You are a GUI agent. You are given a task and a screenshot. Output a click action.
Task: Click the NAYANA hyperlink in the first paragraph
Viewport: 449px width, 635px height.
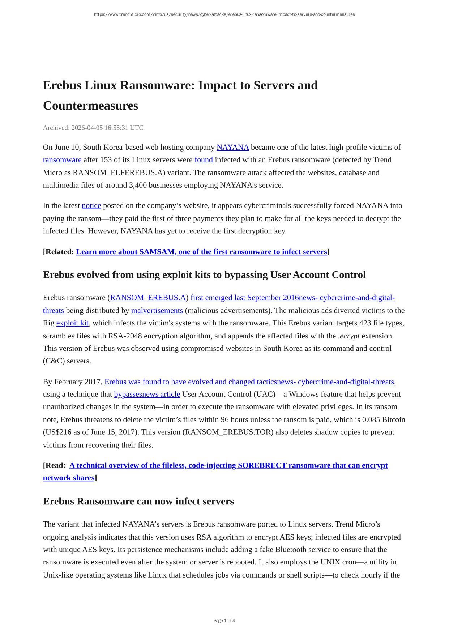232,147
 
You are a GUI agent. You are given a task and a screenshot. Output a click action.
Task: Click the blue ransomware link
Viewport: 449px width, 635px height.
62,160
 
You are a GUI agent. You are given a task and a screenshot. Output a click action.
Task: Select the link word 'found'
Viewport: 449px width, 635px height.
204,160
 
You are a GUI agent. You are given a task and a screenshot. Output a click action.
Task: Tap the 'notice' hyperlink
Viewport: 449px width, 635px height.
91,205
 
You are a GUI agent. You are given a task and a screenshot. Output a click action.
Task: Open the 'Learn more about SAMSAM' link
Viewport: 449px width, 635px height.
201,252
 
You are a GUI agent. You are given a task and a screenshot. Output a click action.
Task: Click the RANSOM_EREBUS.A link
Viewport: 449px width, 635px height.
148,298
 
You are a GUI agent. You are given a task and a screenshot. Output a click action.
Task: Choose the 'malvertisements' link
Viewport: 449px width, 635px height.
157,311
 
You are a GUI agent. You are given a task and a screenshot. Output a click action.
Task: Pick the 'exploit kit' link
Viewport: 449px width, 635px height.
72,323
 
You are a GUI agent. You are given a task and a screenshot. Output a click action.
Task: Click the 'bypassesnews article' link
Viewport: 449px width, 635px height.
147,394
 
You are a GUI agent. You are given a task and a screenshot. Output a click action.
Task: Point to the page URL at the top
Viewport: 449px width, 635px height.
224,14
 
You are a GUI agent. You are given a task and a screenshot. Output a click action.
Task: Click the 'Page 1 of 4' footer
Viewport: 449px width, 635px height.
224,621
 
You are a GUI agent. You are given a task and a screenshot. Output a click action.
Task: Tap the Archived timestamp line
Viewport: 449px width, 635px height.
93,128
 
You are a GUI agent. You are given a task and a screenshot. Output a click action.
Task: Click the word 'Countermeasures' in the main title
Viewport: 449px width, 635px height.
90,106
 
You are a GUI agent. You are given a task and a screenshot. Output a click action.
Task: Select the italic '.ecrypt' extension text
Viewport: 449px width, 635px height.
348,336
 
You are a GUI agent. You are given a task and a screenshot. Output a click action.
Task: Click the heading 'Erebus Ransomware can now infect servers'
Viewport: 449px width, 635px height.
138,501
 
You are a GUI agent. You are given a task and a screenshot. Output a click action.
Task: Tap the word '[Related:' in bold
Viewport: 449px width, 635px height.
58,252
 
